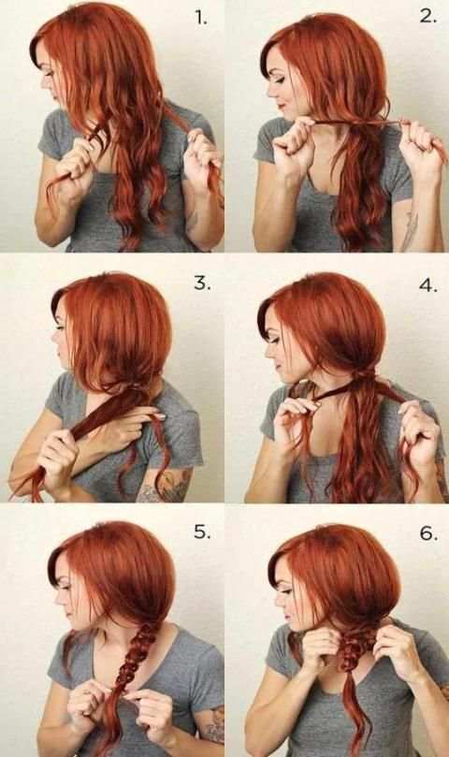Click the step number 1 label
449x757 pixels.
[x=201, y=19]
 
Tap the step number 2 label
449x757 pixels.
[x=427, y=17]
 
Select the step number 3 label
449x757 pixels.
[x=202, y=284]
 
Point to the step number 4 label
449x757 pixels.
[x=428, y=285]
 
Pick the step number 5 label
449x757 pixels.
[x=202, y=532]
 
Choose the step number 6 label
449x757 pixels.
[x=428, y=533]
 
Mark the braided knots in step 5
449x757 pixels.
[x=137, y=659]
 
